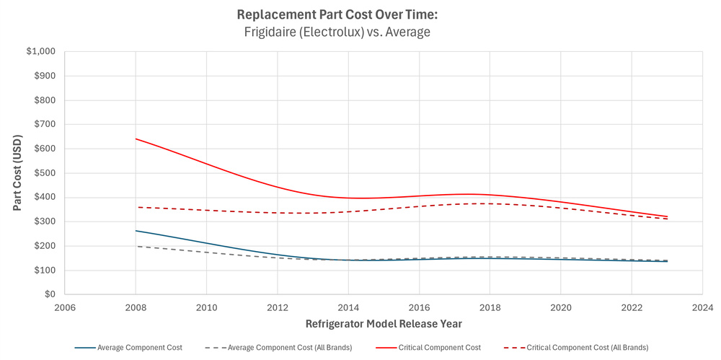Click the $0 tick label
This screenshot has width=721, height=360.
tap(50, 295)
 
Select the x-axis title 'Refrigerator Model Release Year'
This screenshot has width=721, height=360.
tap(384, 324)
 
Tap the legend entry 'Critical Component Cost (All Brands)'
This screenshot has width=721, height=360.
tap(582, 348)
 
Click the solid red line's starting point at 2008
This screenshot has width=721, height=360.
tap(136, 139)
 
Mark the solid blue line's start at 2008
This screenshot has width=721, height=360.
tap(136, 231)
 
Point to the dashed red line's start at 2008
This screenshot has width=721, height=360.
tap(136, 207)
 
